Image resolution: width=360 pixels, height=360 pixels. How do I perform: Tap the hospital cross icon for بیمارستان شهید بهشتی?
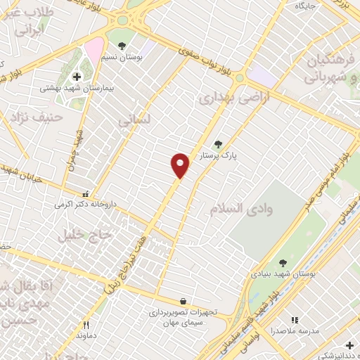[77, 76]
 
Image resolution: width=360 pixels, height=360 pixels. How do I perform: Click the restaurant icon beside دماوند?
[86, 325]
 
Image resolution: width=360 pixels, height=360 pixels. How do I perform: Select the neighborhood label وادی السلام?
[241, 208]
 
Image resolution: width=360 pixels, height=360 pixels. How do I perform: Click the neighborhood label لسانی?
[134, 122]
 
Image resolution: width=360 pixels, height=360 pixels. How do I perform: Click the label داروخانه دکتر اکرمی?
[85, 205]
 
